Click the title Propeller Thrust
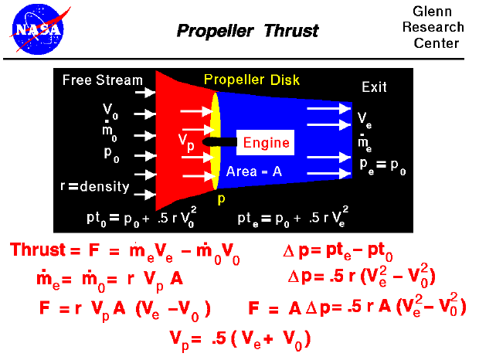point(247,32)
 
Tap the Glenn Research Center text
point(438,28)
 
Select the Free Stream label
point(103,80)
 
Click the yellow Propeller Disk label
point(251,80)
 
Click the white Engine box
point(266,142)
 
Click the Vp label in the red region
point(185,140)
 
